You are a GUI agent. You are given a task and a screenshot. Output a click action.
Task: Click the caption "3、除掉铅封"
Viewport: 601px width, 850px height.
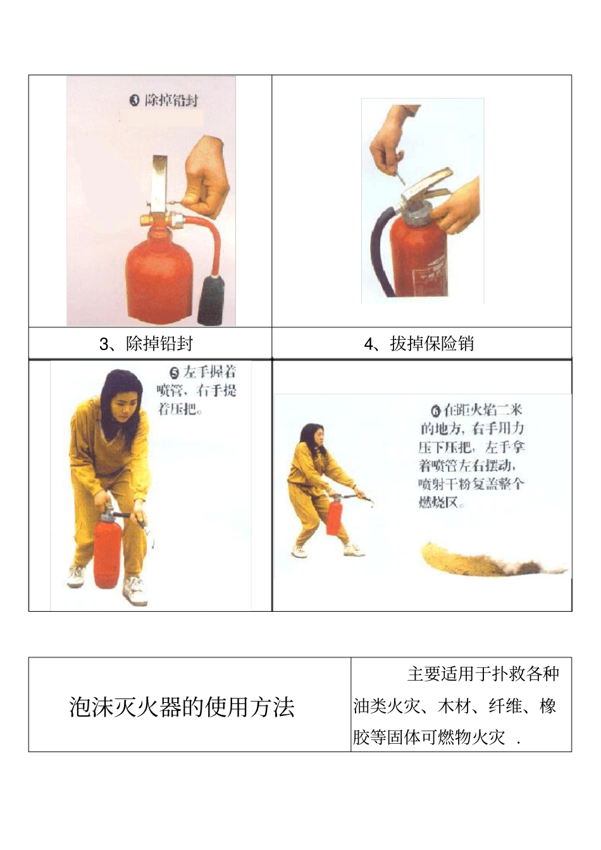(x=146, y=344)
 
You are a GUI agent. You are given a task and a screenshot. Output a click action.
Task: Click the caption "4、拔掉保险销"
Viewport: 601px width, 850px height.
(x=419, y=344)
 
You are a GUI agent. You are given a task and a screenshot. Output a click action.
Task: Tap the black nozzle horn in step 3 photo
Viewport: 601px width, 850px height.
(x=211, y=300)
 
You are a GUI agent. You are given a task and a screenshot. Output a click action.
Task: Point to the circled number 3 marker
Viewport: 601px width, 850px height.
(x=134, y=100)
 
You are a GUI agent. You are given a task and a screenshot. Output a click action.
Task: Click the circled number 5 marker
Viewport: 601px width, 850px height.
(x=175, y=373)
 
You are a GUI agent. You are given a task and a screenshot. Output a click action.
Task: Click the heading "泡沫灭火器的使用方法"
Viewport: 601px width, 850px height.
(x=182, y=707)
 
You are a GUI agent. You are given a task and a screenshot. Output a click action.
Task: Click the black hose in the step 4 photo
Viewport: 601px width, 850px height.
(x=378, y=253)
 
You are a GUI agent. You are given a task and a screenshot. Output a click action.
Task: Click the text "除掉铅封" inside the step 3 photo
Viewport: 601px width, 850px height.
(x=171, y=100)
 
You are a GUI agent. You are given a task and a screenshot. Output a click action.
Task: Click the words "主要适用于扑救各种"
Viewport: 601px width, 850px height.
(x=483, y=674)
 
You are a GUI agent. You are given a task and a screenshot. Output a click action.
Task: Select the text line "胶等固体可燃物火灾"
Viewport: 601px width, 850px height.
(x=429, y=737)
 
